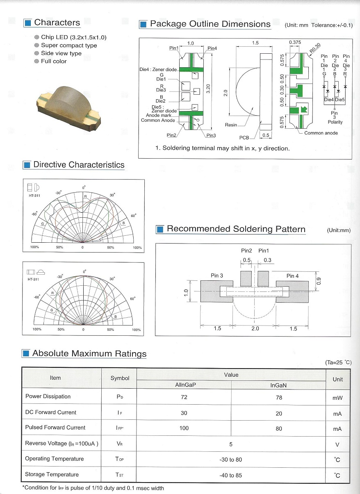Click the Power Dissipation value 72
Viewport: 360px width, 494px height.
[x=184, y=397]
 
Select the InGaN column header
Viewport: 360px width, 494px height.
[x=278, y=385]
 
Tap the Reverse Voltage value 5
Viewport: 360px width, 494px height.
[x=231, y=444]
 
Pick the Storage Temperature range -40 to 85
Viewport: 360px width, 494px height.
[x=231, y=475]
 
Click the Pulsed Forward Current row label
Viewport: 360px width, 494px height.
[x=55, y=428]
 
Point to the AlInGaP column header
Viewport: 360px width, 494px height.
[x=184, y=385]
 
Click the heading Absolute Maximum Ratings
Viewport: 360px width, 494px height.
[x=89, y=353]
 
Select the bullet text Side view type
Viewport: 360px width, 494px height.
[x=61, y=53]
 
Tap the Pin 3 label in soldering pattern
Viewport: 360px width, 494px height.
[x=216, y=275]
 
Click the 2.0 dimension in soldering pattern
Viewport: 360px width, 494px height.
[x=255, y=328]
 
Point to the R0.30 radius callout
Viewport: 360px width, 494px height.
[x=315, y=48]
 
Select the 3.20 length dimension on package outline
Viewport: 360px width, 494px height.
[x=208, y=89]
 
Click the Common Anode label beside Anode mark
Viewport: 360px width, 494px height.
[x=158, y=120]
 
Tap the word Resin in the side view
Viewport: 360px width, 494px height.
[x=231, y=125]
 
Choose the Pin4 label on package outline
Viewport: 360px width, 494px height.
[x=212, y=48]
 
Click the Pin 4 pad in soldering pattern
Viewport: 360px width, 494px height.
[x=292, y=291]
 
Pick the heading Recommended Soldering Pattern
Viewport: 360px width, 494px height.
[x=236, y=229]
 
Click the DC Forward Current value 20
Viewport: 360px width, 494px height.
[x=279, y=413]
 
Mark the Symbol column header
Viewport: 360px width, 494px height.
[x=120, y=378]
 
